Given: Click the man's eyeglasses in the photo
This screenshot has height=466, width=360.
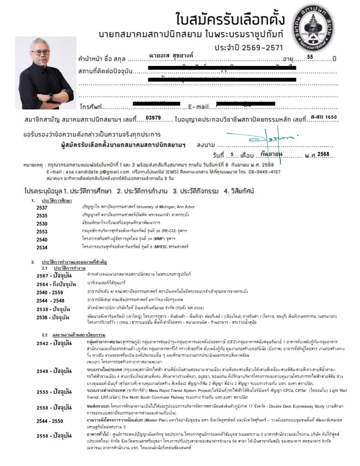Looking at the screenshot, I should pyautogui.click(x=42, y=53).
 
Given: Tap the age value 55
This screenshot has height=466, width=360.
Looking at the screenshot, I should pyautogui.click(x=310, y=57).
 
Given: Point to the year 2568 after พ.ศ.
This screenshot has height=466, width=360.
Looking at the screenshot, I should pyautogui.click(x=324, y=154).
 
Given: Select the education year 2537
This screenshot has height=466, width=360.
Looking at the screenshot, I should pyautogui.click(x=42, y=208).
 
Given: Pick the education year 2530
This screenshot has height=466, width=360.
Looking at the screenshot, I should pyautogui.click(x=42, y=223).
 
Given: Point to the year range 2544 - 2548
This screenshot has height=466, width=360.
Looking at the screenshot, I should pyautogui.click(x=50, y=301).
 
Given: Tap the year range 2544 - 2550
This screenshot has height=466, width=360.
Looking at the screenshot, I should pyautogui.click(x=50, y=421).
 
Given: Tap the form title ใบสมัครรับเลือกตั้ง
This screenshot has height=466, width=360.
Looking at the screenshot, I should pyautogui.click(x=230, y=20).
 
